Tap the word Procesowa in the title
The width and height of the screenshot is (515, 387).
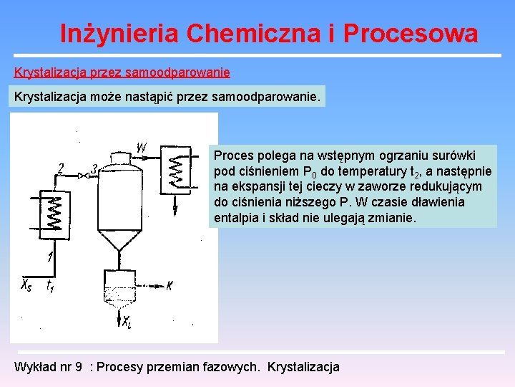[x=411, y=33]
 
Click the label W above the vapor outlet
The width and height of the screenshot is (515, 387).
[x=142, y=148]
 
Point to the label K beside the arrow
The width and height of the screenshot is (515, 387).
[x=170, y=287]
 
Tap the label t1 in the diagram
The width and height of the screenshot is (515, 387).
[x=50, y=287]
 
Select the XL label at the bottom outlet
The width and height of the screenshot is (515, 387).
[x=127, y=321]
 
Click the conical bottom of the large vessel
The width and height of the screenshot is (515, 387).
[x=117, y=239]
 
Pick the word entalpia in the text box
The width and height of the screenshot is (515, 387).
[x=235, y=218]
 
